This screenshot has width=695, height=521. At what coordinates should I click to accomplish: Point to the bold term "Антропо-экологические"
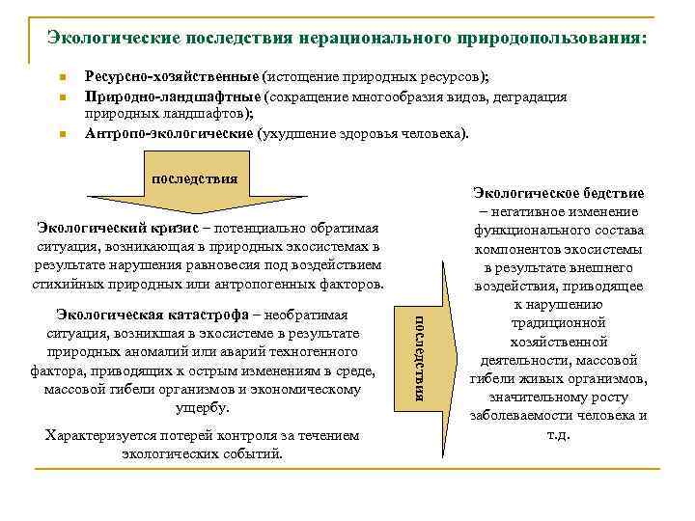point(170,133)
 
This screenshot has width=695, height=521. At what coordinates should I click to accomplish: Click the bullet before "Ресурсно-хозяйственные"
point(61,78)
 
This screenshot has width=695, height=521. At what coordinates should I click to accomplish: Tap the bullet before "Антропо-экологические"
point(61,134)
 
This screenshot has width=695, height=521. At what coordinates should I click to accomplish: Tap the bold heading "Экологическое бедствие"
point(559,193)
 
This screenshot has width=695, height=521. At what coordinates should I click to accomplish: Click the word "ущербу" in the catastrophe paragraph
point(205,407)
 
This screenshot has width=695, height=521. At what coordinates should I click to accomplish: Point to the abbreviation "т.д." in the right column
point(558,433)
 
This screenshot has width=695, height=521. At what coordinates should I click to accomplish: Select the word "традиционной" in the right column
point(559,322)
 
